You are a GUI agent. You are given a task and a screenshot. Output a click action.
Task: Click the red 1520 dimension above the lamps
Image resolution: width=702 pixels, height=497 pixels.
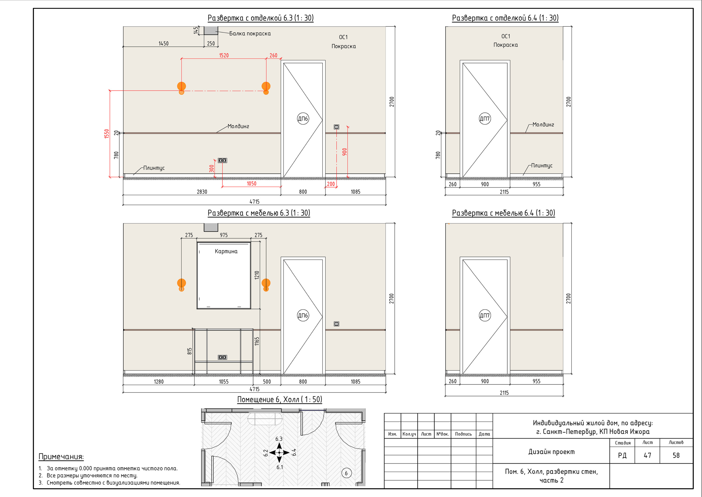pyautogui.click(x=224, y=55)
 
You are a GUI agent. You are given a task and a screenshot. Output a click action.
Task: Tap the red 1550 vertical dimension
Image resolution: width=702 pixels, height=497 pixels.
pyautogui.click(x=106, y=134)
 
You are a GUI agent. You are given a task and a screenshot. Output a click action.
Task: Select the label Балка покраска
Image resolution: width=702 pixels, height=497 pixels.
pyautogui.click(x=250, y=34)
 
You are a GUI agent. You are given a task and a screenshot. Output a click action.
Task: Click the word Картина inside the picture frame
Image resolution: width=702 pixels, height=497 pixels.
pyautogui.click(x=226, y=251)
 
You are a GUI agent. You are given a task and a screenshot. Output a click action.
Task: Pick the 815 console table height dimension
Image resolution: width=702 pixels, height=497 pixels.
pyautogui.click(x=189, y=351)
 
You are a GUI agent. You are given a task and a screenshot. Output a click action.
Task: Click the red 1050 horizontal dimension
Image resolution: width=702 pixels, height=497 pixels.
pyautogui.click(x=251, y=184)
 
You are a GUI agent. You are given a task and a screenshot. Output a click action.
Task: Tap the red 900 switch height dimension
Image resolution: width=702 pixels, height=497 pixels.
pyautogui.click(x=345, y=152)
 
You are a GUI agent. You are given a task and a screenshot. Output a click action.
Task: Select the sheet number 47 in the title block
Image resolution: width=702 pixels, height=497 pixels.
pyautogui.click(x=647, y=455)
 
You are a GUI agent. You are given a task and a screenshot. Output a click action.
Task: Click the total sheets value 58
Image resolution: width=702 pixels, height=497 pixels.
pyautogui.click(x=676, y=455)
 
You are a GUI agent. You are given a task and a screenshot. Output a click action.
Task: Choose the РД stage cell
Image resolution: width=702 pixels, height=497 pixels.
pyautogui.click(x=622, y=455)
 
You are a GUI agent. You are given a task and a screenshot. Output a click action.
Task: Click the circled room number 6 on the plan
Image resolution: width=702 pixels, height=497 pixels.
pyautogui.click(x=346, y=473)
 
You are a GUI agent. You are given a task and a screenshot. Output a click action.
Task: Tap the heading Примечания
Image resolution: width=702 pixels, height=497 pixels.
pyautogui.click(x=61, y=457)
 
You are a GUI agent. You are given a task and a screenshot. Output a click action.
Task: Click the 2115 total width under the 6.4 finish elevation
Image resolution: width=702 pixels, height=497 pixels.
pyautogui.click(x=504, y=192)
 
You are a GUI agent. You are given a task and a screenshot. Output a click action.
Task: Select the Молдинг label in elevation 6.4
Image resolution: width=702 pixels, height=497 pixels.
pyautogui.click(x=543, y=125)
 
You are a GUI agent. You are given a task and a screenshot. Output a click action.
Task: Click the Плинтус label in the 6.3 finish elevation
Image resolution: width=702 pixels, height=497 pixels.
pyautogui.click(x=154, y=168)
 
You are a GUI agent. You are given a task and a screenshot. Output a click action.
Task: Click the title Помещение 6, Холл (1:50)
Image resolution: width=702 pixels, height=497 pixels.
pyautogui.click(x=280, y=399)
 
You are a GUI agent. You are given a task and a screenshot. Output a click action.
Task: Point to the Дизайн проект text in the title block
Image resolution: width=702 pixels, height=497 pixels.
pyautogui.click(x=551, y=452)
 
